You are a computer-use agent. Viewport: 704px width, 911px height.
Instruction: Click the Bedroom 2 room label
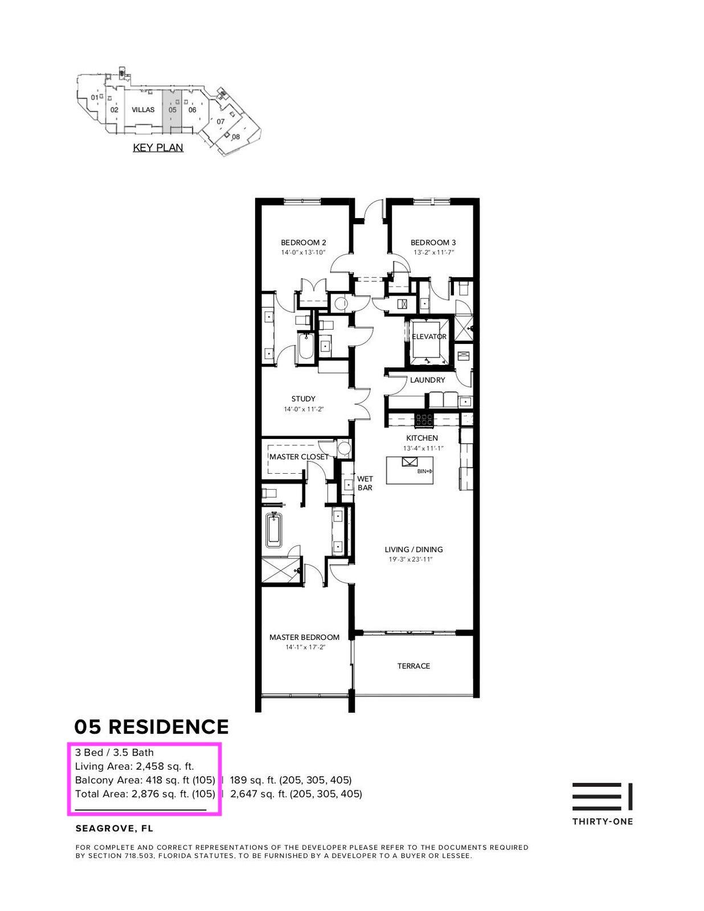tap(303, 243)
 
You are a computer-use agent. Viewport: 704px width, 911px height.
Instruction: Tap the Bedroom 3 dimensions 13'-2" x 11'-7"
tap(433, 252)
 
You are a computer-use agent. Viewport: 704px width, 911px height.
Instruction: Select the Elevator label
tap(429, 337)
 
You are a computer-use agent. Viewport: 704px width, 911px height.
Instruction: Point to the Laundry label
tap(427, 380)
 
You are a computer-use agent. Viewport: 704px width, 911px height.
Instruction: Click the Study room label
tap(303, 399)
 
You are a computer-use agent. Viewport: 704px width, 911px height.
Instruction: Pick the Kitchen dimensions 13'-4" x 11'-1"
tap(423, 448)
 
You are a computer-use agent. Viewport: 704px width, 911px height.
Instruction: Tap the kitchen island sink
tap(410, 462)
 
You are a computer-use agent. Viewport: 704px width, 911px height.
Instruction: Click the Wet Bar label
tap(365, 483)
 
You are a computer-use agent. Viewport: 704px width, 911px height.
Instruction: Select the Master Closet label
tap(298, 457)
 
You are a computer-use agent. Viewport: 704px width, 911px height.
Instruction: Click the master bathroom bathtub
tap(275, 530)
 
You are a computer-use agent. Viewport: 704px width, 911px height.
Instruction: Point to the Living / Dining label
tap(414, 549)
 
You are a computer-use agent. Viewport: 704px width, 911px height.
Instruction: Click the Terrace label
tap(414, 666)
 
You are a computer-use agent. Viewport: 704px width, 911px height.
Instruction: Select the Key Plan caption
tap(158, 147)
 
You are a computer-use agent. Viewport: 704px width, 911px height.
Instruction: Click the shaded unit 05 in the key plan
tap(173, 110)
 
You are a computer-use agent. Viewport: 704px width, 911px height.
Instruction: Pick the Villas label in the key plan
tap(143, 110)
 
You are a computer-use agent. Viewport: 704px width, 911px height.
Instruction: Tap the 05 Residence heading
tap(152, 727)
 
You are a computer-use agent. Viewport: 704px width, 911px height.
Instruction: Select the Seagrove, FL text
tap(114, 828)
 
